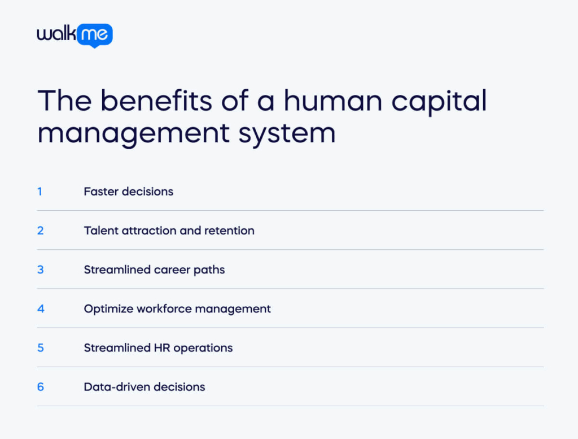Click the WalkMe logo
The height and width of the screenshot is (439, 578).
point(75,35)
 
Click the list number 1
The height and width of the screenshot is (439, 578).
point(40,192)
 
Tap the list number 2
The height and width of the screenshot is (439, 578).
point(40,231)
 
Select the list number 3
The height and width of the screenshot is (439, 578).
point(40,270)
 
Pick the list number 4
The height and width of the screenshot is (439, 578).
point(40,308)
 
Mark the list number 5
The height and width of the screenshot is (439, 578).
point(40,347)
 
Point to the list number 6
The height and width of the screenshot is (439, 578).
point(40,386)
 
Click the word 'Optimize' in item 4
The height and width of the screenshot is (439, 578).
point(107,309)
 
